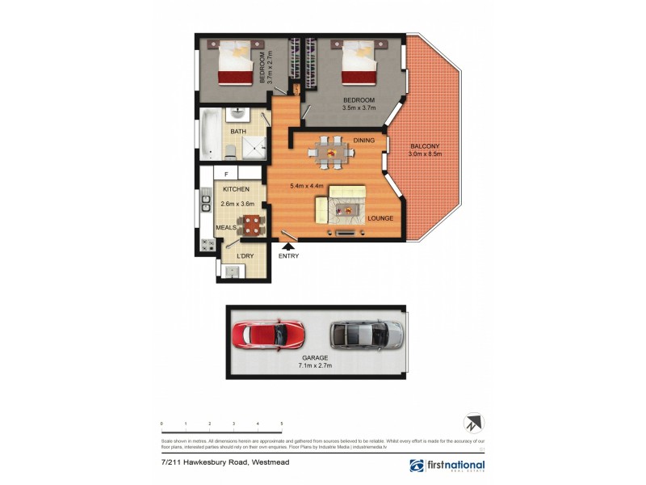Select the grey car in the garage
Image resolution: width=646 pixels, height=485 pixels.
click(x=366, y=333)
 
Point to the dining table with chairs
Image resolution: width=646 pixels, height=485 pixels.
click(x=328, y=152)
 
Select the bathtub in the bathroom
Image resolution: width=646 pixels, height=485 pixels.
click(x=208, y=134)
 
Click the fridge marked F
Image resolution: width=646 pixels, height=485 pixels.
click(x=226, y=174)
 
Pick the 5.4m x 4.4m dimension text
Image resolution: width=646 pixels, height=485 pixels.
click(x=307, y=186)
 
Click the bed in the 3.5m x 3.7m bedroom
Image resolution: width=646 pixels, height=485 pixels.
click(x=358, y=65)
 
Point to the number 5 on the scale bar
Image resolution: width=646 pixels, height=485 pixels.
click(x=281, y=424)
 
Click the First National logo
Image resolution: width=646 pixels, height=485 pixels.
click(x=449, y=466)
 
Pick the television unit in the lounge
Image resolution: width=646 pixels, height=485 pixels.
click(x=344, y=234)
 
